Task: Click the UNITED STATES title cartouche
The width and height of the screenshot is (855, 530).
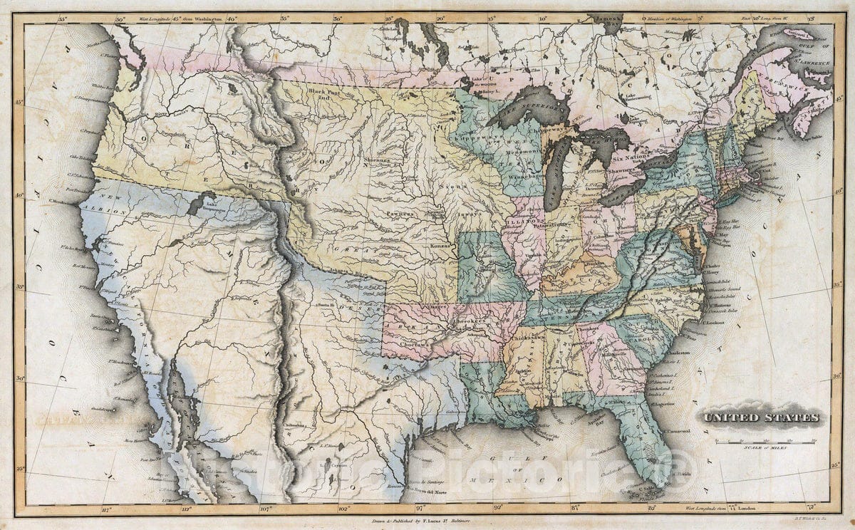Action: tap(762, 418)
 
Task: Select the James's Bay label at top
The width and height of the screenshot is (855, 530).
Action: tap(611, 21)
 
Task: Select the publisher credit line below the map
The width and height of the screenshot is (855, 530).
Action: tap(427, 521)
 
